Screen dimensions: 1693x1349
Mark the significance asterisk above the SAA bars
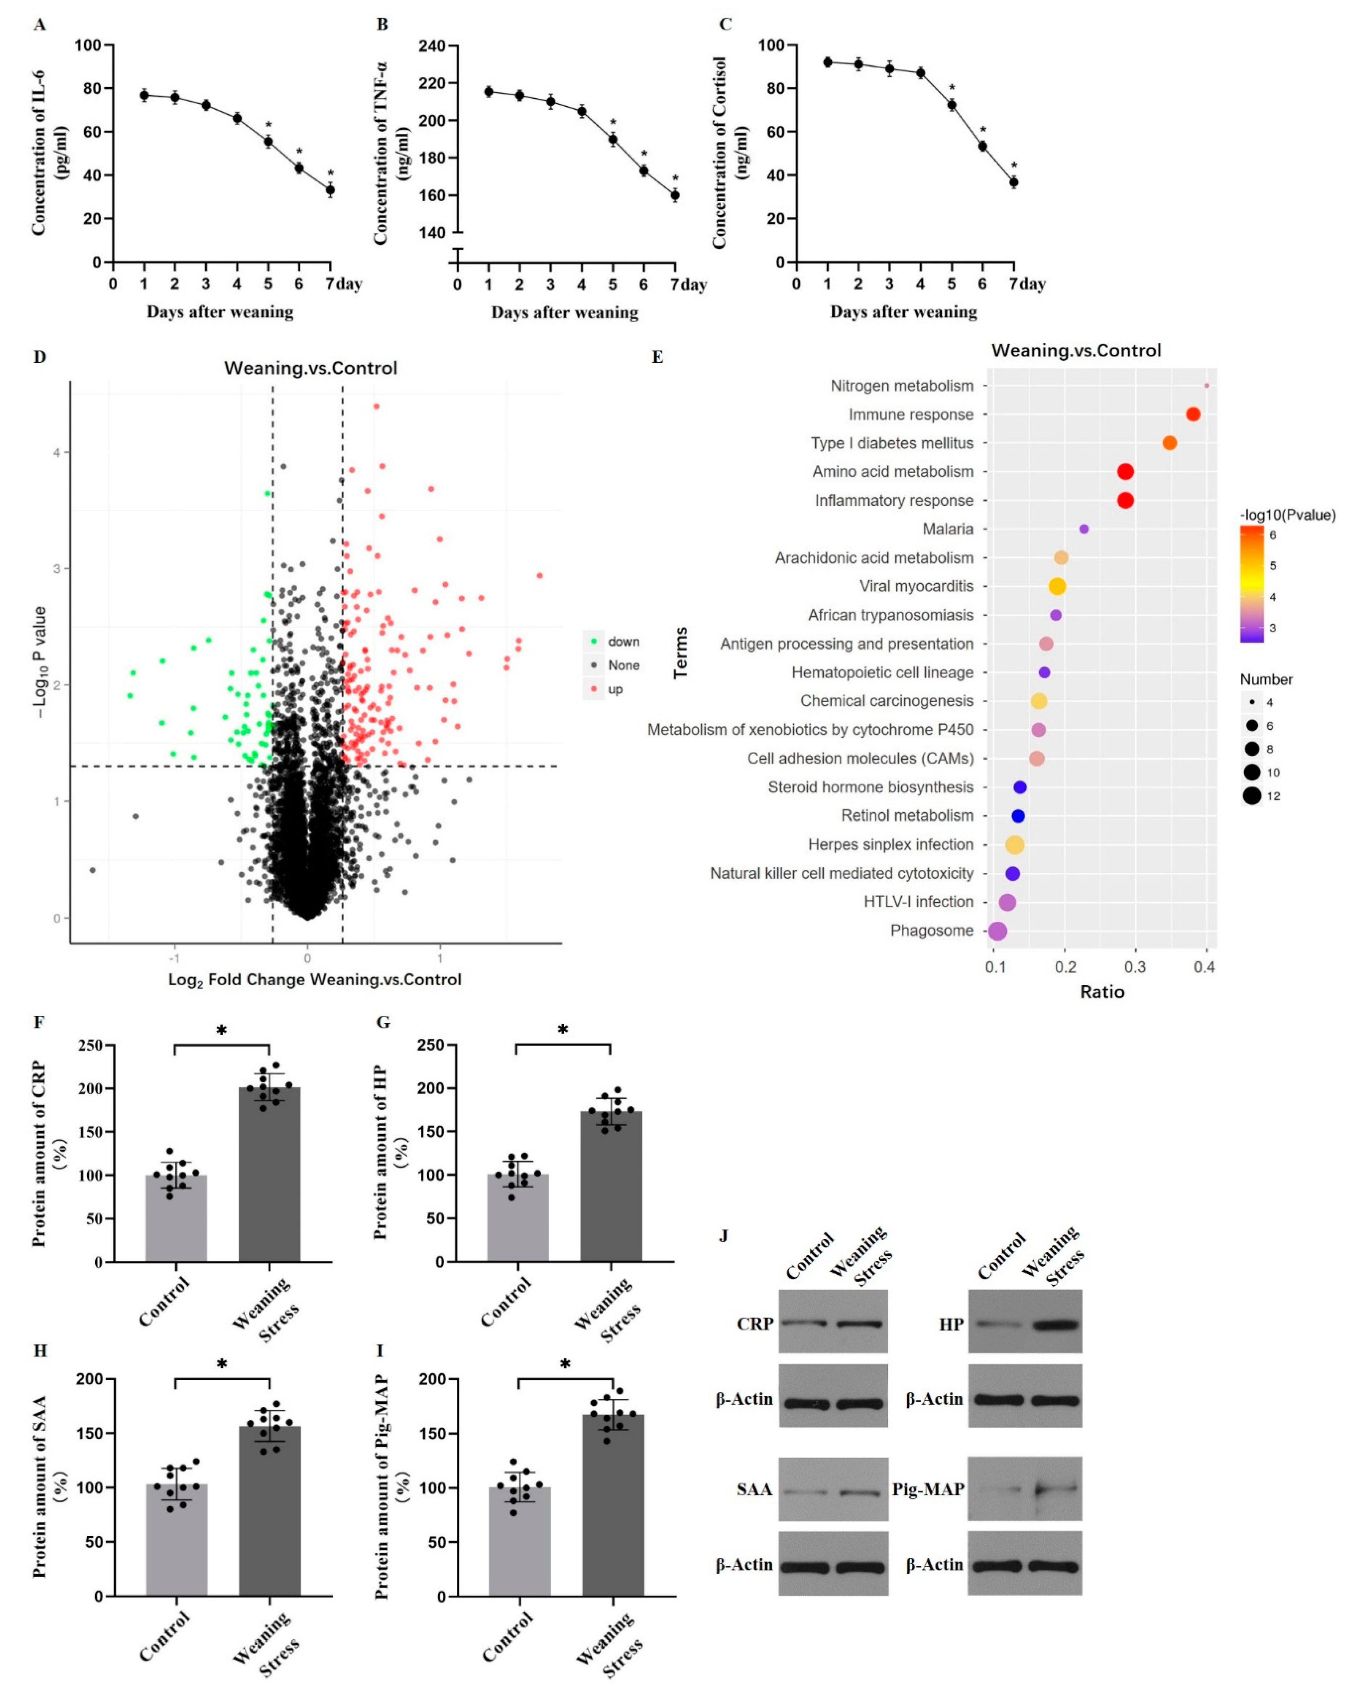pyautogui.click(x=222, y=1364)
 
